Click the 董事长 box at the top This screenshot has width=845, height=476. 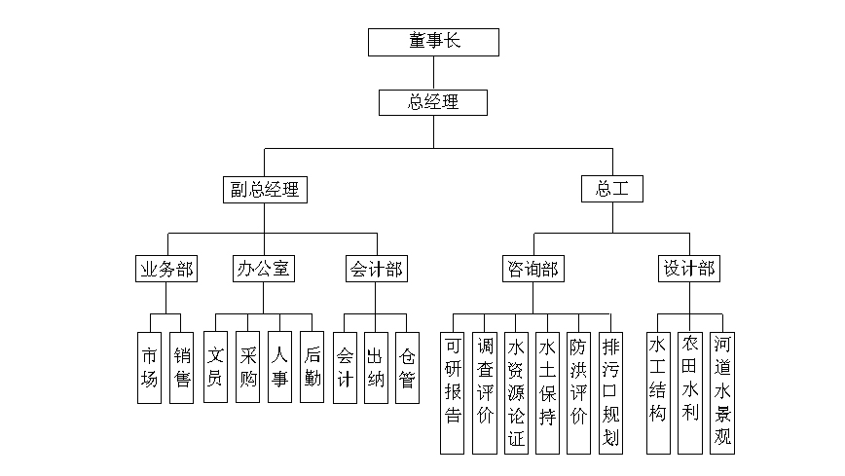433,42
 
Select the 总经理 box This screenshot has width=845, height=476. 433,101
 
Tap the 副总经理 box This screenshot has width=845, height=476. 263,189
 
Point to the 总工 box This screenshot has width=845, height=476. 612,189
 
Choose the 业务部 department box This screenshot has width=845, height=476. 166,269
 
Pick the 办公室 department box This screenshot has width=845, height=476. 264,269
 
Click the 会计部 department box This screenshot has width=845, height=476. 375,269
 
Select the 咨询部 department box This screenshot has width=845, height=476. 533,269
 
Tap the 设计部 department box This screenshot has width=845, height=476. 689,269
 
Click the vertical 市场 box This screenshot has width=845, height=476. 149,367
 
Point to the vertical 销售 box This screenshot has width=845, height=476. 182,367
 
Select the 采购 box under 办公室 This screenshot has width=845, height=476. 247,367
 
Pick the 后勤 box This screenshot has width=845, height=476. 312,367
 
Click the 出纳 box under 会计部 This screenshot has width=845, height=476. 375,367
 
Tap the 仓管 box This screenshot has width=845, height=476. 407,367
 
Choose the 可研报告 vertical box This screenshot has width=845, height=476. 453,392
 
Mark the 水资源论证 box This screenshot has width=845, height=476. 516,392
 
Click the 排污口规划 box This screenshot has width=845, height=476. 610,392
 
